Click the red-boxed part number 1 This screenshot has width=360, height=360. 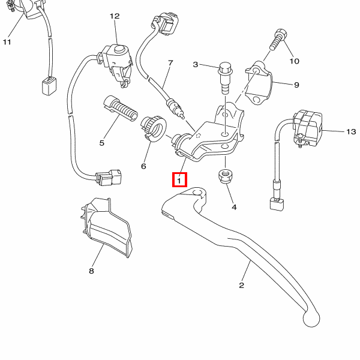tap(180, 179)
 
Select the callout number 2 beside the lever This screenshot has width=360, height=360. tap(242, 285)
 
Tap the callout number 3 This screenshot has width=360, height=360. tap(195, 65)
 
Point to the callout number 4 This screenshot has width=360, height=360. tap(234, 207)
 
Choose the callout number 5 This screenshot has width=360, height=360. tap(102, 143)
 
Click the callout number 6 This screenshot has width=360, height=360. tap(143, 166)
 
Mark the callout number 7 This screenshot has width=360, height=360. tap(170, 62)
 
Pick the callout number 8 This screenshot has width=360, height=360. tap(92, 271)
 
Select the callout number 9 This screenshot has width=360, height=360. tap(296, 85)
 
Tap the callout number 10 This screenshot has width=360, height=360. tap(294, 61)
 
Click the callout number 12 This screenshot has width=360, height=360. tap(115, 16)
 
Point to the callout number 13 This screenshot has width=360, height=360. tap(351, 131)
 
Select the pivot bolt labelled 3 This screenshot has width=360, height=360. tap(226, 77)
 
